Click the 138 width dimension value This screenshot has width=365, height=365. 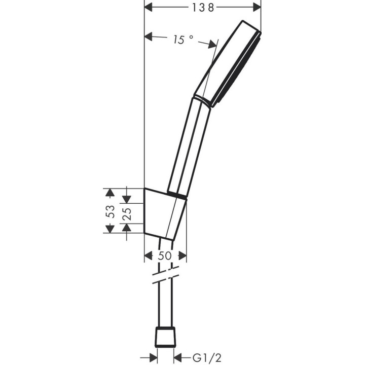click(x=202, y=7)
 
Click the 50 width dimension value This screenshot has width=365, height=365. click(x=165, y=256)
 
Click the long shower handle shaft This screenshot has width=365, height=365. click(x=189, y=147)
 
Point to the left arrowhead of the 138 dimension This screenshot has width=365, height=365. click(x=149, y=7)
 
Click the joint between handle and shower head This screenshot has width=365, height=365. click(x=202, y=99)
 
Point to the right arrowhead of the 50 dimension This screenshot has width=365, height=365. click(x=182, y=256)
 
